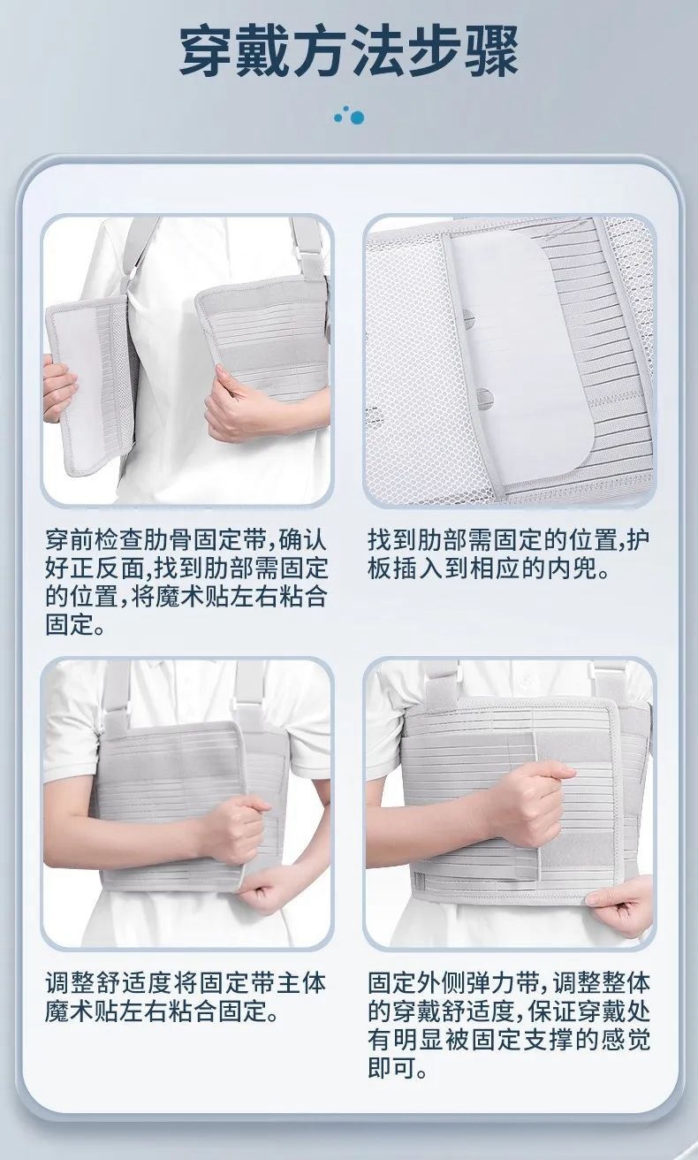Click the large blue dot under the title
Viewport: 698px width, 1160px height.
(356, 118)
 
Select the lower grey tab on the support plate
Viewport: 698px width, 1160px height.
(484, 396)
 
